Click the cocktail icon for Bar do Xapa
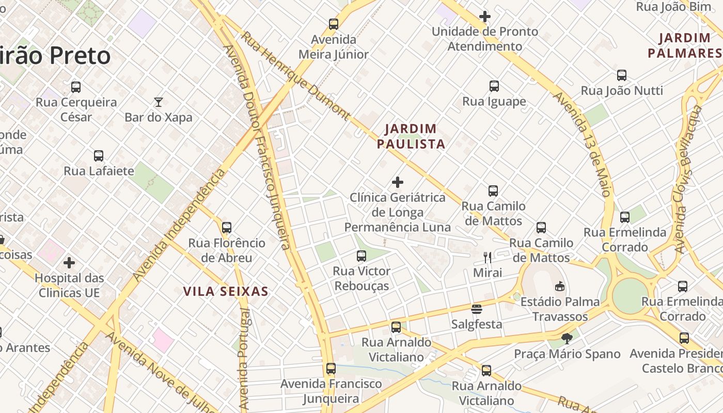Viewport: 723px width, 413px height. point(159,102)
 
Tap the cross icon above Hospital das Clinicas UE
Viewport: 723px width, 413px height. point(69,263)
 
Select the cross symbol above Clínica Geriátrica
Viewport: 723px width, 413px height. point(398,182)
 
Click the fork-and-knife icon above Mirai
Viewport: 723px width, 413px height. point(487,257)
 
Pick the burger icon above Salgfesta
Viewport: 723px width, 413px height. point(477,309)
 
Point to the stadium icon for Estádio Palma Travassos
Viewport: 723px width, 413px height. point(560,286)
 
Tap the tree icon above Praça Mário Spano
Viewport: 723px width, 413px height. point(567,339)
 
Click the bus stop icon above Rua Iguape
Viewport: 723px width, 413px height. point(494,86)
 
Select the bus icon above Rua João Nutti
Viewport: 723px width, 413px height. point(622,75)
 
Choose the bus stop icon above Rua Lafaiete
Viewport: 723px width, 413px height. point(99,156)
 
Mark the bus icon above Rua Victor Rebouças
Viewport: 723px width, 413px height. point(361,256)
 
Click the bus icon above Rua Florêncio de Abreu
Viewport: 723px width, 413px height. point(226,228)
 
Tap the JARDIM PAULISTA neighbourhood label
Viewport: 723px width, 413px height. point(411,136)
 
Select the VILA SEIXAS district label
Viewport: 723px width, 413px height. point(226,292)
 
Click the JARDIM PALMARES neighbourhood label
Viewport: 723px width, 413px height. point(685,45)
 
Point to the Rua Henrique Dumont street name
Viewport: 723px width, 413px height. point(295,75)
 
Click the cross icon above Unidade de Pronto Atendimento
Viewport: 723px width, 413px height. point(485,17)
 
